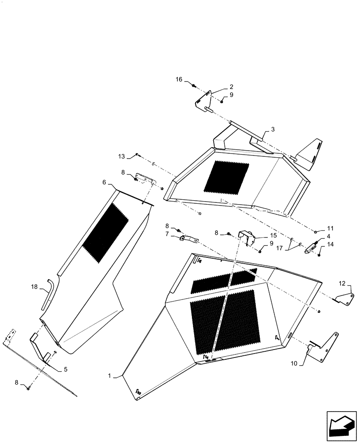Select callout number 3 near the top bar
(273, 129)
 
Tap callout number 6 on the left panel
(104, 182)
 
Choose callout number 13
(121, 156)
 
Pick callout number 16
(179, 79)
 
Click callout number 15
(274, 235)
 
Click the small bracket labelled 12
(346, 299)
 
